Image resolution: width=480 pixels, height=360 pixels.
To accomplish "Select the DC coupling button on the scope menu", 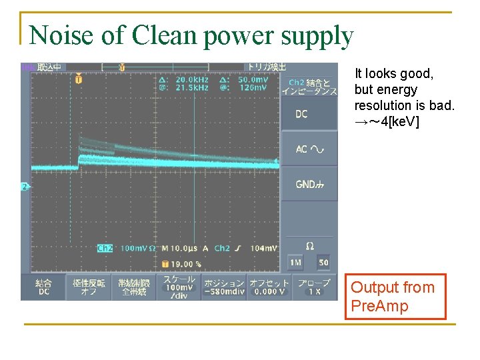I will click(309, 114).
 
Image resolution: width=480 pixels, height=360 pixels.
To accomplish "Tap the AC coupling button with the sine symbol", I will click(309, 149).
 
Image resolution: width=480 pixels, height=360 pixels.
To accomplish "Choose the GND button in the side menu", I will click(309, 184).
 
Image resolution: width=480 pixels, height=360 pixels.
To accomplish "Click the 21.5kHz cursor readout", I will click(193, 88).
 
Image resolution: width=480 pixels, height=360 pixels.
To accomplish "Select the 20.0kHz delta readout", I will click(193, 79).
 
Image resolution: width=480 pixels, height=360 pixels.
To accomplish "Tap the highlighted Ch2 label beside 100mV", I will click(105, 248).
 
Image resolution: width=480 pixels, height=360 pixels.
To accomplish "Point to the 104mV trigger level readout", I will click(264, 248).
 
